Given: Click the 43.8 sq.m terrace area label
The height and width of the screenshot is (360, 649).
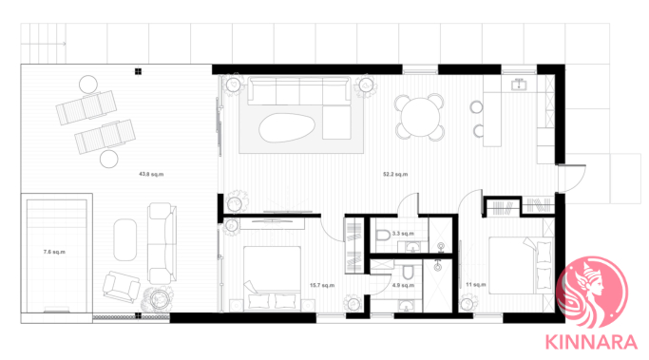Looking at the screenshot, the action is tap(151, 174).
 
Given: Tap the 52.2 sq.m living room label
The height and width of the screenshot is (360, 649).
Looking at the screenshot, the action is tap(395, 174).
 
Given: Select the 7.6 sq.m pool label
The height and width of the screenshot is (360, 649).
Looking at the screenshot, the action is tap(54, 252).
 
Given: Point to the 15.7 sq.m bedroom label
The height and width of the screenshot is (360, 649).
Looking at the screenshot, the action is tap(322, 285).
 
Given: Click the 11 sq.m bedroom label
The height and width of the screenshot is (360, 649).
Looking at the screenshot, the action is tap(475, 284).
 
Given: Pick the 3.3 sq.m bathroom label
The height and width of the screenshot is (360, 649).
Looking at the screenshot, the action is tap(403, 234).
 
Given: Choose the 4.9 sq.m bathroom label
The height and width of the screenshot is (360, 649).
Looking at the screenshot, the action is tap(403, 285).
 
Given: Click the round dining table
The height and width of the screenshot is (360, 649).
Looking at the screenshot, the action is tap(420, 117).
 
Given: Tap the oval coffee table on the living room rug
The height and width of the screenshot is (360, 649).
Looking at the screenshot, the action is tap(286, 128).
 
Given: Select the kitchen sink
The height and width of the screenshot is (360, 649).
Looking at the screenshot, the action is tap(519, 85).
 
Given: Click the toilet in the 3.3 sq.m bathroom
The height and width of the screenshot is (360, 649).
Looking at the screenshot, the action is tap(383, 236).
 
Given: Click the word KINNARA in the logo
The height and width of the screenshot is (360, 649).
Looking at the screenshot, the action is tap(591, 343).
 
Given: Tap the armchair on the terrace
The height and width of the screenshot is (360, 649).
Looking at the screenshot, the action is tap(122, 286).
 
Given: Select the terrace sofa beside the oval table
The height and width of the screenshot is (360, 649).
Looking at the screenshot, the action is tap(162, 243).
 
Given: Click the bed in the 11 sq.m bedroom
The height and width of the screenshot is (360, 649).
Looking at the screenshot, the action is tap(521, 265).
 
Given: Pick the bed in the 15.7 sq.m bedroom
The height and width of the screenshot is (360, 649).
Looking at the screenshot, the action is tap(272, 278).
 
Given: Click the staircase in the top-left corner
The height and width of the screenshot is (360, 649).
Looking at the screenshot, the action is tap(44, 44).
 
